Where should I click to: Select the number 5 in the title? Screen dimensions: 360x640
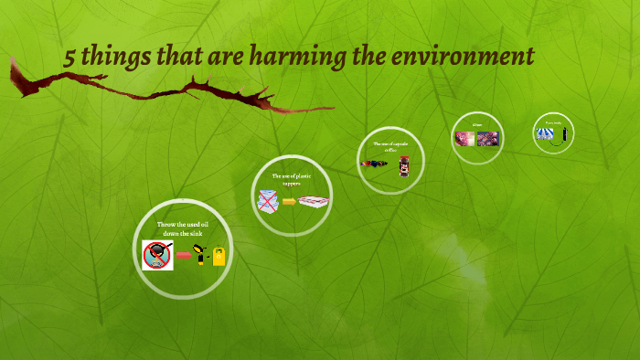[69, 58]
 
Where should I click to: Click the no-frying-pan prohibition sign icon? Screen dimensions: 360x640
[158, 255]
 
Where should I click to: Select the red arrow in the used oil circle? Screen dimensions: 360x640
[184, 257]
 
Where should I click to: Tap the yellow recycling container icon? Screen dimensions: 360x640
[219, 257]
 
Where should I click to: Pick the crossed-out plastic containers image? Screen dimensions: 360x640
[269, 200]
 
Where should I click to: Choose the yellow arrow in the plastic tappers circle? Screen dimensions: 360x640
[290, 201]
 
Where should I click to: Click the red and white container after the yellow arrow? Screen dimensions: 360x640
[314, 201]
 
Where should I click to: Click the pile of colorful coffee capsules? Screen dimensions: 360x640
[375, 164]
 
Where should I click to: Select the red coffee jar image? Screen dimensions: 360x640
[404, 165]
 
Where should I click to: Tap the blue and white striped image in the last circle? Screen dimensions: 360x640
[547, 133]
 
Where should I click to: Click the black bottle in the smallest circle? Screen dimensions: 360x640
[565, 134]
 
